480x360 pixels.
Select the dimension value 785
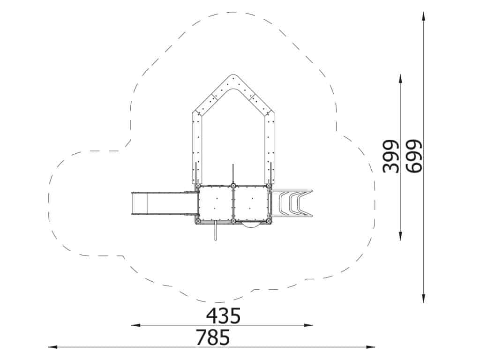point(213,337)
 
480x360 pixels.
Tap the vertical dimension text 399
point(391,157)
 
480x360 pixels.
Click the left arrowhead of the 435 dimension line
point(136,325)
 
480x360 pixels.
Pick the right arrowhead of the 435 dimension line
point(308,325)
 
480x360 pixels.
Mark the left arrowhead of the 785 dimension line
point(53,347)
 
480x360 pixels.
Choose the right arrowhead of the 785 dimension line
point(370,347)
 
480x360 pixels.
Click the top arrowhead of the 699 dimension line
point(423,16)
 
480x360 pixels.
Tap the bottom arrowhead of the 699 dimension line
point(423,298)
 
